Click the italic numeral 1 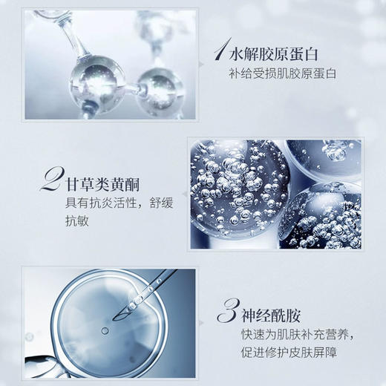[x=219, y=50]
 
